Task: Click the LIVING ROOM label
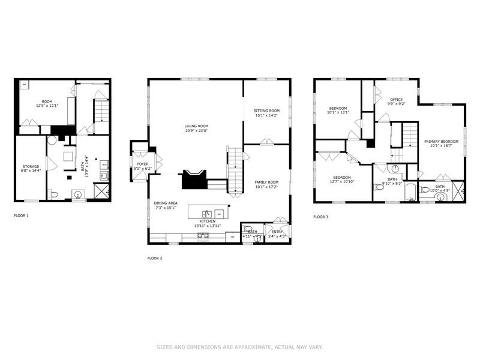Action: [x=196, y=126]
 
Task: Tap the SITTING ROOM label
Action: [x=266, y=111]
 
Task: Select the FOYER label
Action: [x=142, y=163]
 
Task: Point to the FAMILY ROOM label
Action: [x=266, y=182]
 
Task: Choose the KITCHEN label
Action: [x=208, y=221]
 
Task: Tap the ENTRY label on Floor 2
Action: [x=277, y=232]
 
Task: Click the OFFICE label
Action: [x=395, y=100]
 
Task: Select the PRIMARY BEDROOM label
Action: [x=441, y=142]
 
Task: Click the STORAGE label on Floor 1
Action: [x=31, y=166]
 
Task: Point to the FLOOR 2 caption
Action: [x=154, y=258]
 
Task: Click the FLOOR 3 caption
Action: [x=320, y=217]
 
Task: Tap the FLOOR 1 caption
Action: [x=20, y=215]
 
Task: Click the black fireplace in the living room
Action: [x=194, y=179]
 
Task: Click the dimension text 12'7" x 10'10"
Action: [x=341, y=182]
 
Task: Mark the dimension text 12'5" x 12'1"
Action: [x=47, y=106]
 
